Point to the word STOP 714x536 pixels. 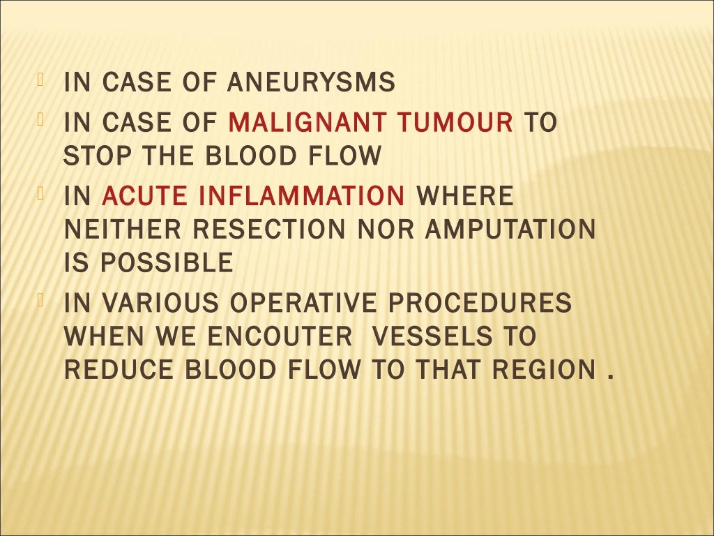(x=89, y=156)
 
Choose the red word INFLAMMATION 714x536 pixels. (x=302, y=196)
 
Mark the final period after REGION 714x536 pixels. (x=611, y=378)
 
